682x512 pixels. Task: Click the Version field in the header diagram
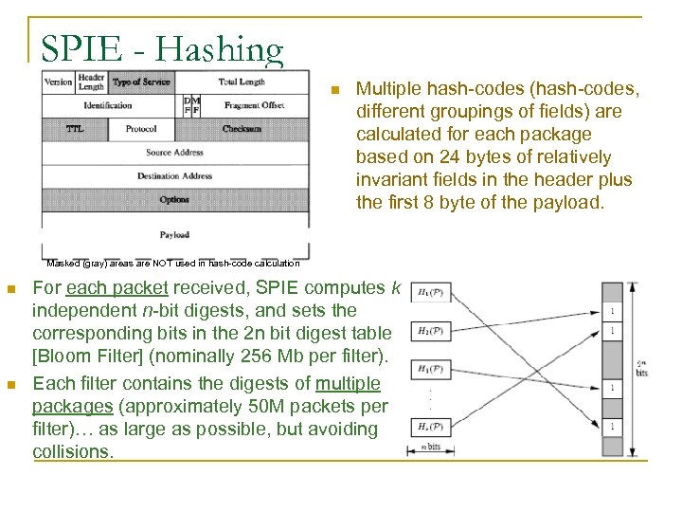(x=58, y=82)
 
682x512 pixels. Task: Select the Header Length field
(x=91, y=82)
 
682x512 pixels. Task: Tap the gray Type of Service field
(x=141, y=82)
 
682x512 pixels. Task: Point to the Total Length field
(x=242, y=82)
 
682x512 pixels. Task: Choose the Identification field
(x=108, y=105)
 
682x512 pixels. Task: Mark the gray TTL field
(x=74, y=129)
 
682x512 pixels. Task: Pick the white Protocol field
(x=140, y=129)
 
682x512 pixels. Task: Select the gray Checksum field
(x=242, y=129)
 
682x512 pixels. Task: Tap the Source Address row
(x=174, y=153)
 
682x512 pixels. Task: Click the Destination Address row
(x=174, y=176)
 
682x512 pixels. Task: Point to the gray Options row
(x=174, y=200)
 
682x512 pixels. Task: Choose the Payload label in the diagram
(x=174, y=234)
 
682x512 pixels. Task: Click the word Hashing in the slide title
(x=220, y=49)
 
